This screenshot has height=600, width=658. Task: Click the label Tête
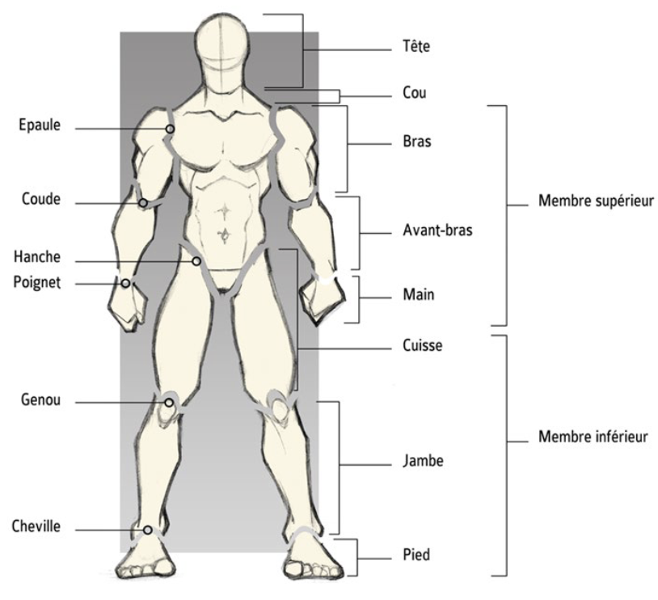pos(415,47)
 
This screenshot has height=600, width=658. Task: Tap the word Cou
pos(414,93)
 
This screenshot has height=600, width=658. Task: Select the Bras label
pos(416,142)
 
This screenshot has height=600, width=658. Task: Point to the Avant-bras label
pos(437,230)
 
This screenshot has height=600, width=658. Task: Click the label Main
pos(418,294)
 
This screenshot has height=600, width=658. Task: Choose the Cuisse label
pos(422,345)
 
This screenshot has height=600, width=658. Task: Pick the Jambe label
pos(422,462)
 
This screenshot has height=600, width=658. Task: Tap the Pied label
pos(416,555)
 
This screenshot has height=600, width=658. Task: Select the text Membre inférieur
pos(593,437)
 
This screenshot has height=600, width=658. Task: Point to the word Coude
pos(40,199)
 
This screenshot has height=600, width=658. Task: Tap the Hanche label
pos(36,257)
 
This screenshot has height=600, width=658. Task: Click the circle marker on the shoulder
pos(171,129)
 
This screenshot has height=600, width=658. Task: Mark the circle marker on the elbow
pos(143,203)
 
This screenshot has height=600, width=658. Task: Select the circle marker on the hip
pos(196,261)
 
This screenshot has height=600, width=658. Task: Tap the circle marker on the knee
pos(169,402)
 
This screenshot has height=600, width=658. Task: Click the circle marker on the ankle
pos(148,530)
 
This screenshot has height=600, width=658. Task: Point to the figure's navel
pos(225,235)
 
